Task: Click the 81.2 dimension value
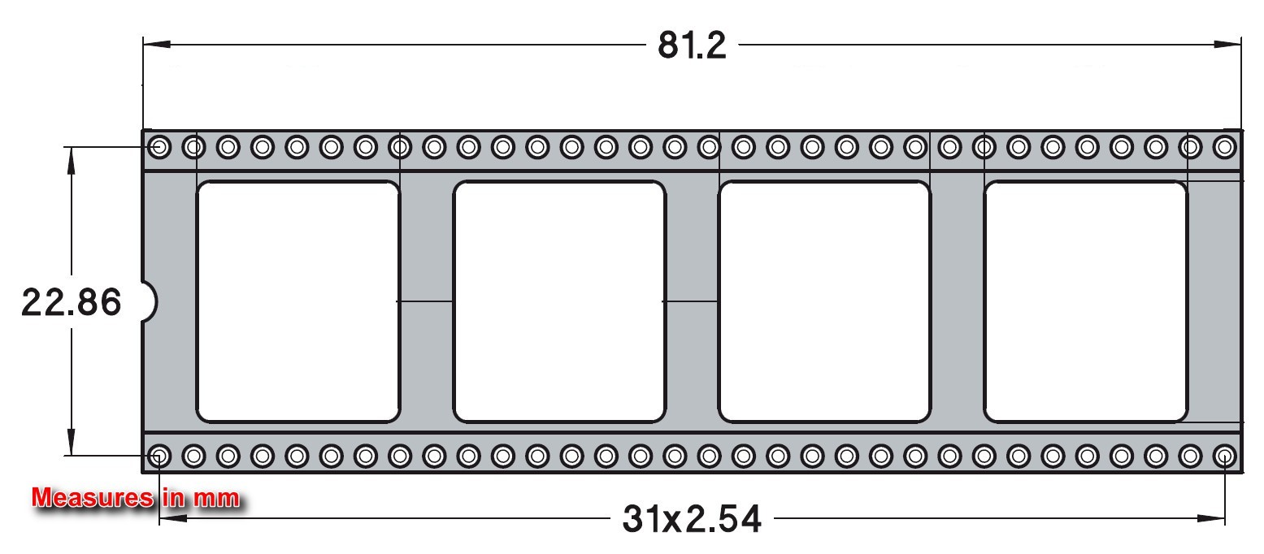(x=692, y=45)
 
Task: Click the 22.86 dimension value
(x=71, y=302)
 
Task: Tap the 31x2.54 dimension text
(x=692, y=519)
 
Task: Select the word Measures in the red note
(x=93, y=498)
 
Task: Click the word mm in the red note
(x=217, y=499)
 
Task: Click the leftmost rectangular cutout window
(x=298, y=302)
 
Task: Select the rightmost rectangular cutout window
(x=1086, y=302)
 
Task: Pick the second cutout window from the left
(x=559, y=302)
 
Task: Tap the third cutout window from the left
(x=824, y=302)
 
